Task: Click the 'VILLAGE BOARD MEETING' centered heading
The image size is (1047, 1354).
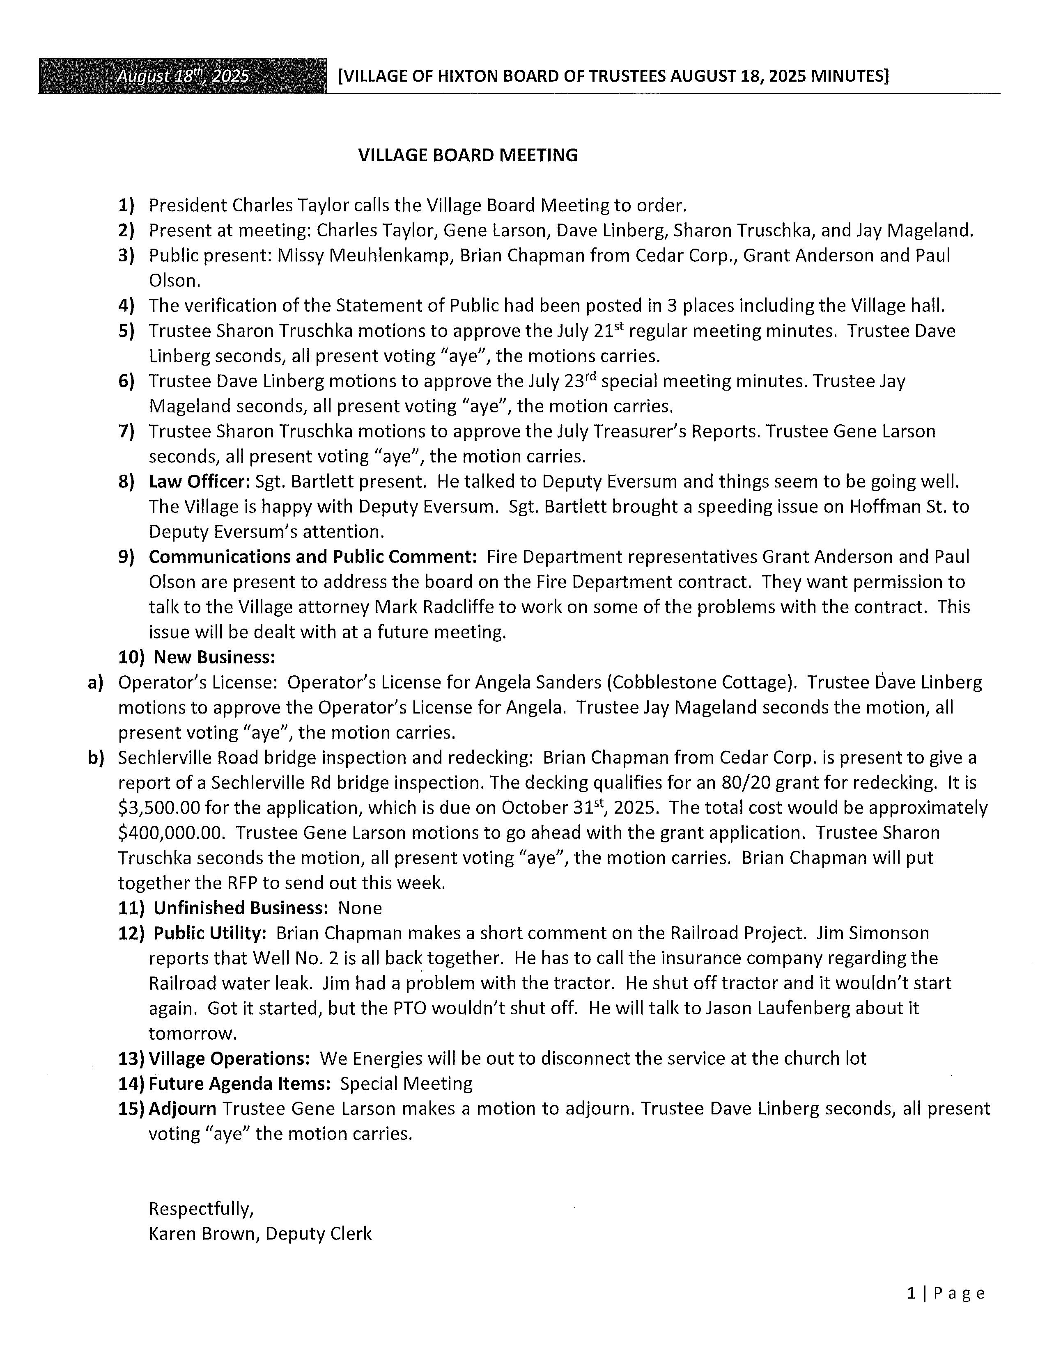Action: tap(468, 155)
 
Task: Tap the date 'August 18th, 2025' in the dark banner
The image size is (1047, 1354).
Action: tap(183, 76)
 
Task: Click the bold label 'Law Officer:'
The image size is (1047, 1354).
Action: tap(199, 481)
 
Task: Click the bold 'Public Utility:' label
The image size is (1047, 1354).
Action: tap(210, 933)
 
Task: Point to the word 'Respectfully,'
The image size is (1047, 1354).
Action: tap(201, 1208)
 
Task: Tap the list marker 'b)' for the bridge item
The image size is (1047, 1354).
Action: tap(96, 757)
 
